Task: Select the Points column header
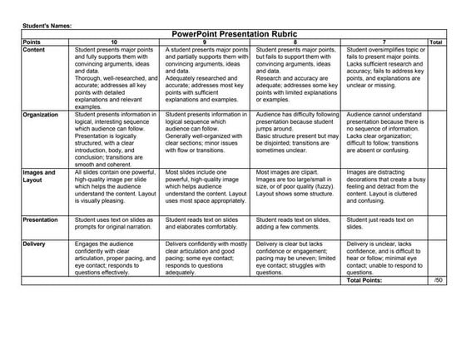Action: tap(32, 41)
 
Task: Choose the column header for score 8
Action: tap(298, 41)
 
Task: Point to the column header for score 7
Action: tap(384, 41)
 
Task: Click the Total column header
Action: tap(435, 41)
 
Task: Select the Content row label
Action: tap(35, 48)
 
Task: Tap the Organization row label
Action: tap(41, 115)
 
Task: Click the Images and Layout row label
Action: tap(37, 176)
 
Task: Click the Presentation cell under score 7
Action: tap(384, 224)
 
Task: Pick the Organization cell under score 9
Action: tap(208, 133)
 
